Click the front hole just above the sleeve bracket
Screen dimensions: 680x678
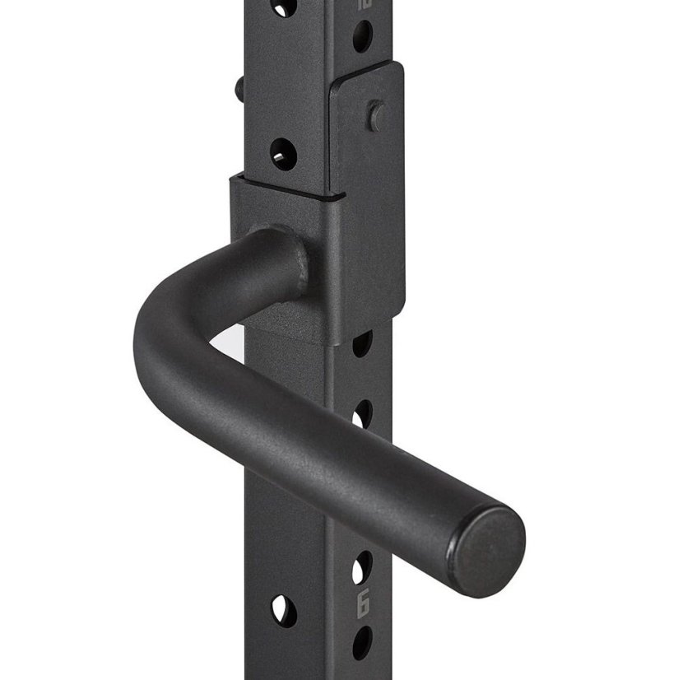(x=282, y=153)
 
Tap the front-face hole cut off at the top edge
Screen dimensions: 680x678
(x=285, y=7)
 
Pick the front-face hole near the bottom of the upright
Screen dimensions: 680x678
(x=281, y=610)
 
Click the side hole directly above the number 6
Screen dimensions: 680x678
(x=361, y=568)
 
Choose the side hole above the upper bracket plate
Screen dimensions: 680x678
(x=362, y=36)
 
